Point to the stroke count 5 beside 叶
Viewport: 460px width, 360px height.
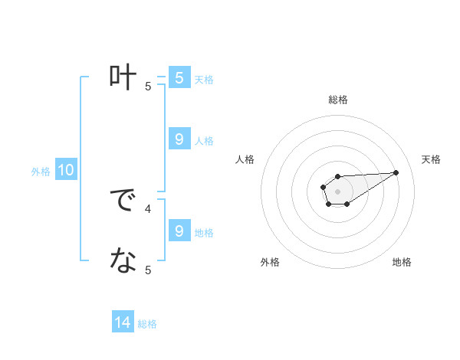[x=149, y=87]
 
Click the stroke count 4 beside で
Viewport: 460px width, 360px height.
[x=149, y=208]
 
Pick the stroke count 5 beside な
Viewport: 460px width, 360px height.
[x=149, y=270]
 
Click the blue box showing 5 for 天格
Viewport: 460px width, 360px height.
[x=179, y=77]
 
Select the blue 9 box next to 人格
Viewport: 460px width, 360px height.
[x=179, y=139]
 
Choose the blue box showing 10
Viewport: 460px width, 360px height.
[x=66, y=170]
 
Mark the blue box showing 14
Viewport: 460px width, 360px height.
[x=123, y=322]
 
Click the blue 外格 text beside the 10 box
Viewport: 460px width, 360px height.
[x=41, y=172]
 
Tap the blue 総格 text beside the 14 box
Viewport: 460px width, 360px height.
[x=147, y=324]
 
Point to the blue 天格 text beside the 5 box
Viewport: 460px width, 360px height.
[x=204, y=79]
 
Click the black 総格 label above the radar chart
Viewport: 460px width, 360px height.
[x=337, y=100]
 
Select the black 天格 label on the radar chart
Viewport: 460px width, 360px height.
[x=432, y=159]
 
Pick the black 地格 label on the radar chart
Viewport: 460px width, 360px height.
[x=402, y=263]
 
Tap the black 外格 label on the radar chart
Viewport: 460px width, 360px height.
[x=270, y=263]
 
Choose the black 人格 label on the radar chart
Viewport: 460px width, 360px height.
[x=245, y=159]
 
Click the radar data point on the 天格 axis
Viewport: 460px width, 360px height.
[x=396, y=172]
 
